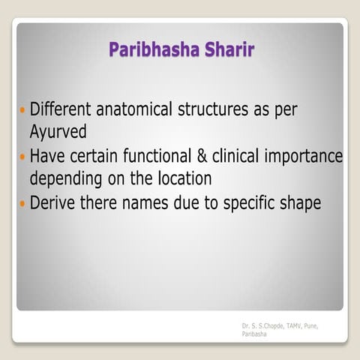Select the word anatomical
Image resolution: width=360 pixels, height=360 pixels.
click(x=139, y=110)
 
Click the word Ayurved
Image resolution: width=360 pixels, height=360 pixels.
click(x=58, y=131)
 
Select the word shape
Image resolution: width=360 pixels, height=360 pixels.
click(x=300, y=204)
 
